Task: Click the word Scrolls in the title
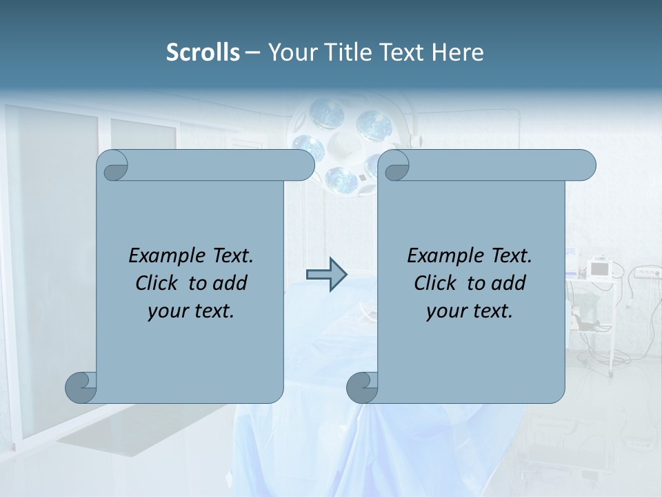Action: [x=203, y=52]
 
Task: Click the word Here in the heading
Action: [x=457, y=52]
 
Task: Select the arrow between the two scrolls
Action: [x=326, y=275]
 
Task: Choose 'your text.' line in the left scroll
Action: [x=191, y=311]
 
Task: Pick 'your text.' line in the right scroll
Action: [x=470, y=311]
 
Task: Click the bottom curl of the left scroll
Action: [x=81, y=387]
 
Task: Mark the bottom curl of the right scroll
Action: [x=362, y=387]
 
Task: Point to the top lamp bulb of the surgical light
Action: [x=327, y=110]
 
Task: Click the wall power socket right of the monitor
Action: [x=645, y=273]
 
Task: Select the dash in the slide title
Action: [x=253, y=52]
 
